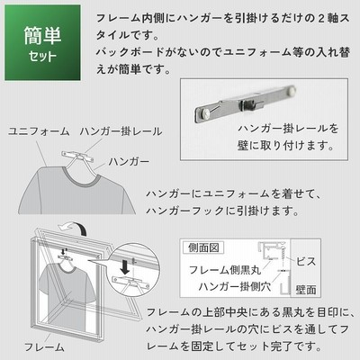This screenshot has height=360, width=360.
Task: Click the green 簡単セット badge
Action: [42, 42]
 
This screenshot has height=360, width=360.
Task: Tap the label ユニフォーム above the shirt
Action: [39, 131]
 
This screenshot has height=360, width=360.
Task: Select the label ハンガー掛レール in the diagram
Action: [121, 131]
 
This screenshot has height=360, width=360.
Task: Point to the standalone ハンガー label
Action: [129, 162]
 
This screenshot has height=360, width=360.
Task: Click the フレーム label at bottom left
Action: [44, 347]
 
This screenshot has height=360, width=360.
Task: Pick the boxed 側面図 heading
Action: [203, 247]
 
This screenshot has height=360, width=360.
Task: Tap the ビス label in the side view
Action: [306, 262]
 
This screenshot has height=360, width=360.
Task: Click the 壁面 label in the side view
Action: [306, 290]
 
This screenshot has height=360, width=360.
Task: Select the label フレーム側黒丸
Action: [225, 270]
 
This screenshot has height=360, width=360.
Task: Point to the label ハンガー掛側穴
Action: [235, 286]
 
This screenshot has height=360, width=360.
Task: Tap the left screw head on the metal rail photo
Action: [206, 112]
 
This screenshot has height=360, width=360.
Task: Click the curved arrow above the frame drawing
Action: [74, 227]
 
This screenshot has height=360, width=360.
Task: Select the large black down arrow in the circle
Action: [125, 267]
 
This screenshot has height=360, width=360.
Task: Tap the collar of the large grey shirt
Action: [80, 177]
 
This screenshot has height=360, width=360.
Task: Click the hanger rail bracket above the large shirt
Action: [77, 157]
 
